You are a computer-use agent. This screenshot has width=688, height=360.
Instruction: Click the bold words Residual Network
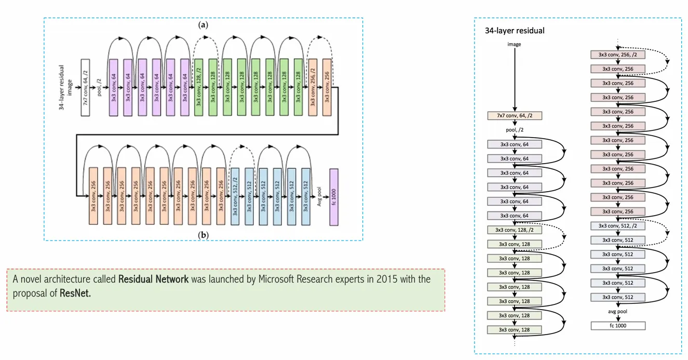[153, 279]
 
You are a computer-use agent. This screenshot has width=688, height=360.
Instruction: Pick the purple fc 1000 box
[333, 197]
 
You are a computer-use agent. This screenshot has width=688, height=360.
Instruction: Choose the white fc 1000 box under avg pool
[617, 326]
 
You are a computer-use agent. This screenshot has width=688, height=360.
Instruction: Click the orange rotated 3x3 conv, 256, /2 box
[313, 87]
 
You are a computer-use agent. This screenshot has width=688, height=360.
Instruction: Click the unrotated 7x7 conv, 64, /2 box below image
[514, 116]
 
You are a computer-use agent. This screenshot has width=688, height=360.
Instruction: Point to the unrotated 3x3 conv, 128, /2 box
[514, 230]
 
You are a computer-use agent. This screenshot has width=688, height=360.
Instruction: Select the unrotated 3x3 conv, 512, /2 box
[617, 225]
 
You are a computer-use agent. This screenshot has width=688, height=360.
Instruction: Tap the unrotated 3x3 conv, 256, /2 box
[617, 54]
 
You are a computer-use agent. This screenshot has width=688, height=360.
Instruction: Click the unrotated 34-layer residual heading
[515, 31]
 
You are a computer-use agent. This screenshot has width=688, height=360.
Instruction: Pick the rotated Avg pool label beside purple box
[319, 197]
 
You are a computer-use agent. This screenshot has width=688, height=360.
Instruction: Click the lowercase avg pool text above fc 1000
[617, 312]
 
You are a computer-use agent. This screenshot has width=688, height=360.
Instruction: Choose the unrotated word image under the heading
[514, 45]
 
